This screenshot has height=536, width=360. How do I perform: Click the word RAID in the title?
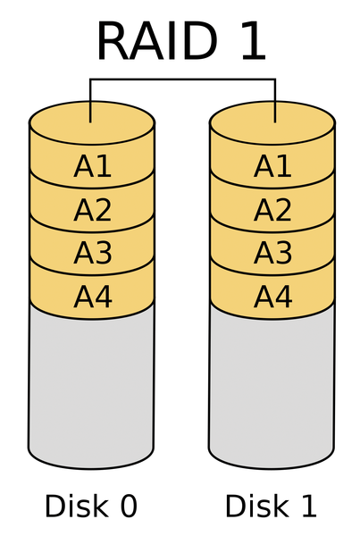pyautogui.click(x=157, y=41)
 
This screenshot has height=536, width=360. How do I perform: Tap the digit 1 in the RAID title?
pyautogui.click(x=254, y=41)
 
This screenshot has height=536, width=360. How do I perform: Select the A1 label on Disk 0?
pyautogui.click(x=93, y=166)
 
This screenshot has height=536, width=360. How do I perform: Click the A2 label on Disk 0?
pyautogui.click(x=93, y=210)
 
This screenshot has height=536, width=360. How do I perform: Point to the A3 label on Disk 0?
pyautogui.click(x=93, y=253)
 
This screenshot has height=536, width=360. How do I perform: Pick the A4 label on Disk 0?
pyautogui.click(x=93, y=297)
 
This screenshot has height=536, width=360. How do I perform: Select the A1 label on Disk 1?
pyautogui.click(x=272, y=166)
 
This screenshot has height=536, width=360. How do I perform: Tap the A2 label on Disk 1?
pyautogui.click(x=272, y=210)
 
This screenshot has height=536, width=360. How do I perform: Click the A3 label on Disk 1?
pyautogui.click(x=272, y=253)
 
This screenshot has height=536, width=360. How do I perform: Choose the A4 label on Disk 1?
pyautogui.click(x=272, y=297)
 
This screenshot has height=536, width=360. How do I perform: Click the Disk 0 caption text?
pyautogui.click(x=91, y=506)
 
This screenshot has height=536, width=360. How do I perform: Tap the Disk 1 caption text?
pyautogui.click(x=271, y=506)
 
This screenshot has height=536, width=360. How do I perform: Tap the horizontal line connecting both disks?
pyautogui.click(x=182, y=80)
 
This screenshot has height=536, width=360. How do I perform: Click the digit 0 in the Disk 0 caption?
pyautogui.click(x=129, y=507)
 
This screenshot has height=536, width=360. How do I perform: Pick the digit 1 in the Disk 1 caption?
pyautogui.click(x=309, y=506)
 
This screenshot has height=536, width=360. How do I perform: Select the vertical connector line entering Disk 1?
pyautogui.click(x=275, y=100)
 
